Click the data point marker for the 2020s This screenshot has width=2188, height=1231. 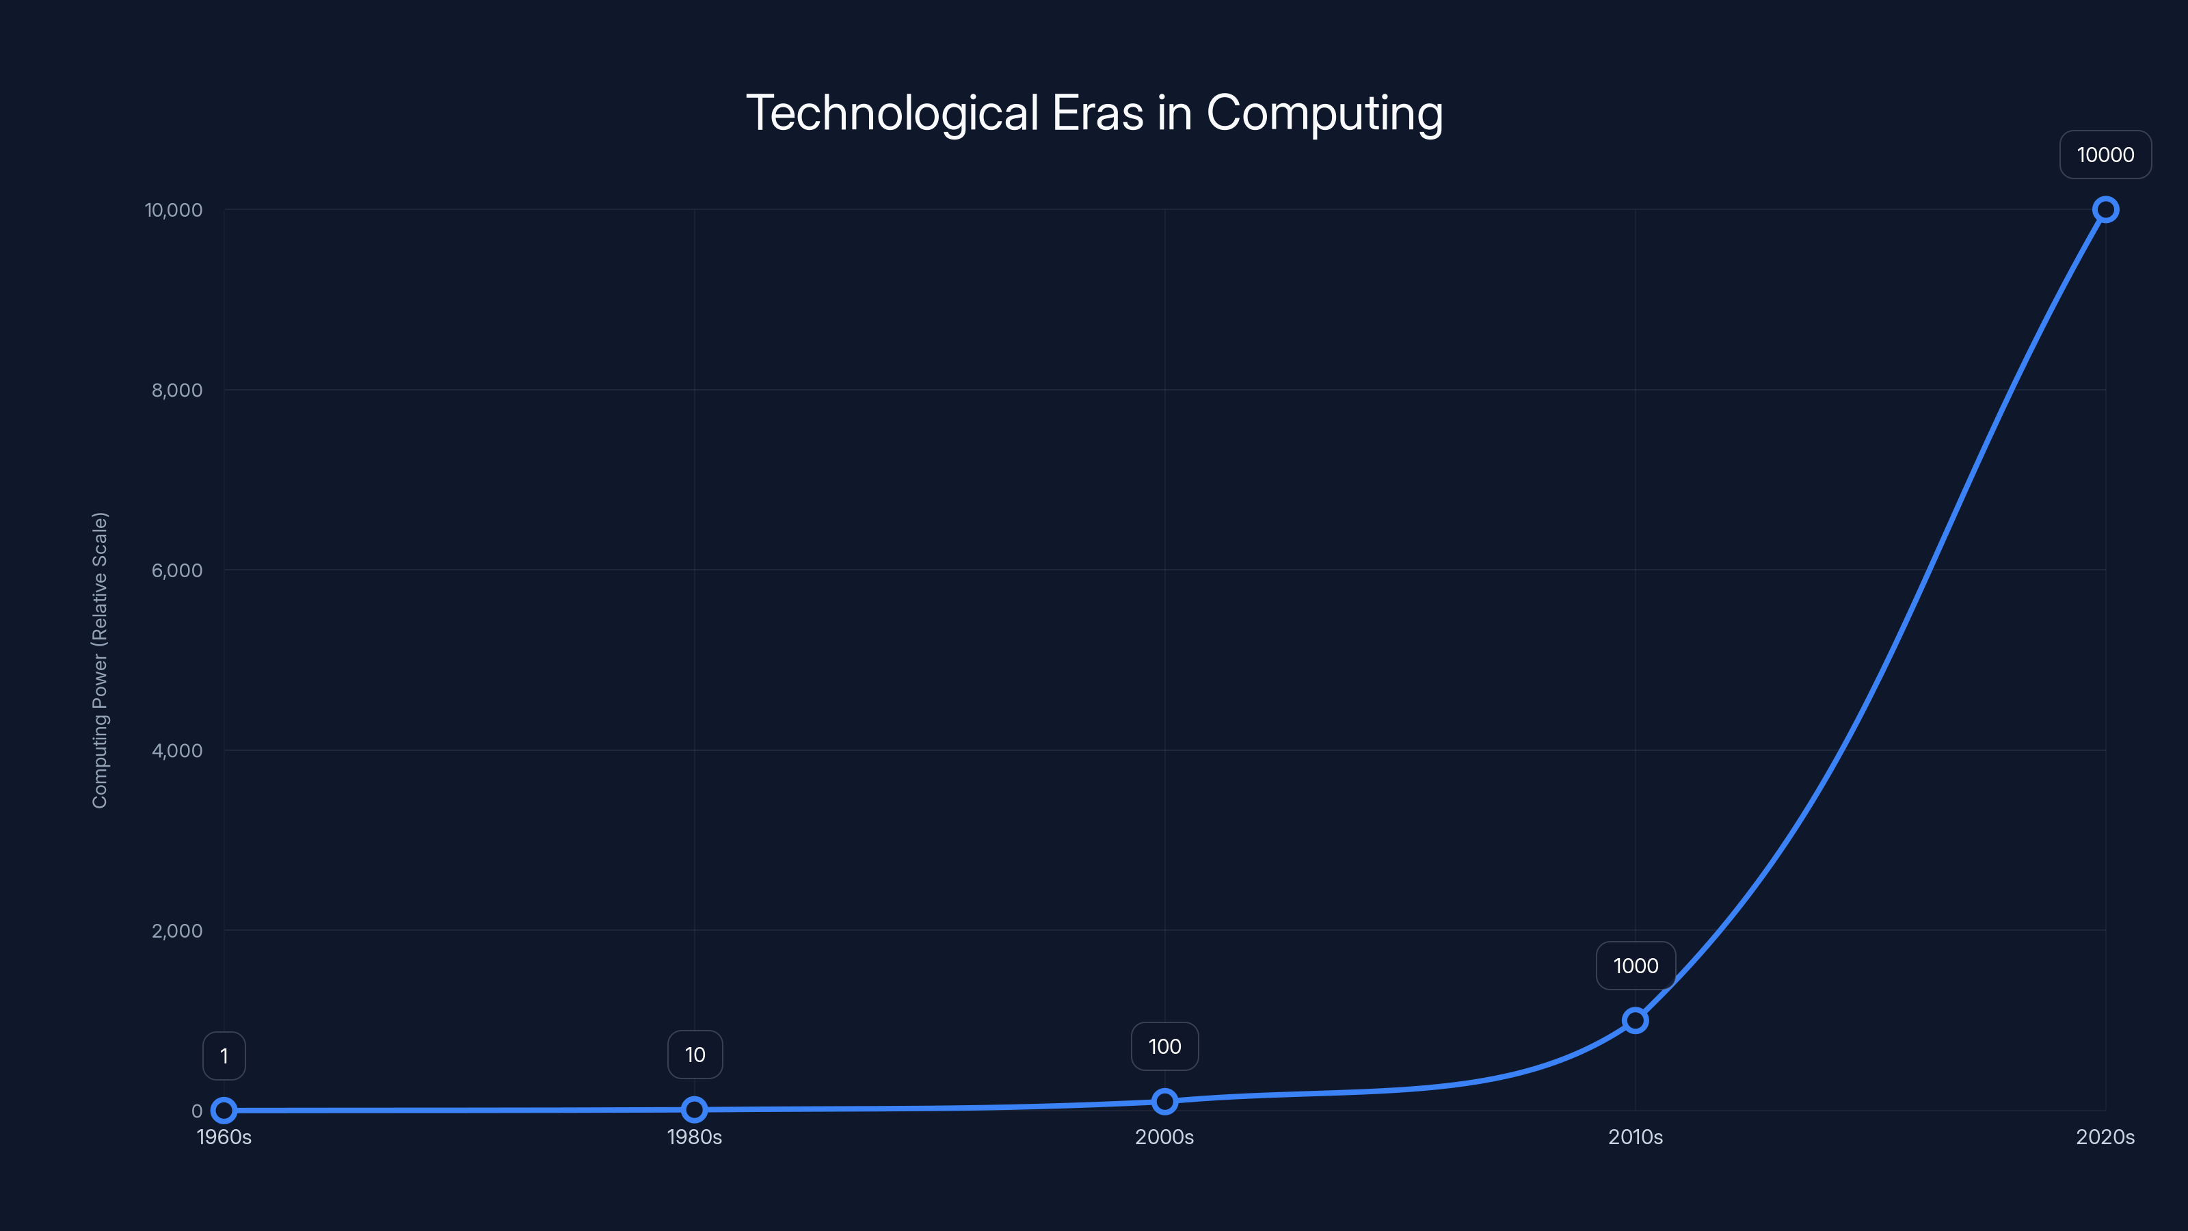[2105, 210]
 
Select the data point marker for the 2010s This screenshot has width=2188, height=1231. [1635, 1020]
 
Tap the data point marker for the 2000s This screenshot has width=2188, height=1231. [1164, 1102]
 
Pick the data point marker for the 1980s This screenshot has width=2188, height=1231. [694, 1109]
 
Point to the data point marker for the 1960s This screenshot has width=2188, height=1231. [224, 1111]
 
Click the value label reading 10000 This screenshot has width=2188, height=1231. [2105, 155]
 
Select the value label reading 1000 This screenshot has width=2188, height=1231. [1635, 966]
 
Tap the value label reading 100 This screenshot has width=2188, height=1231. [1164, 1046]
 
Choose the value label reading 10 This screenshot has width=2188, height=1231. [695, 1055]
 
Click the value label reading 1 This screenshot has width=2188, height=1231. [224, 1056]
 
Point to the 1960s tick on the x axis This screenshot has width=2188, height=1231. [224, 1137]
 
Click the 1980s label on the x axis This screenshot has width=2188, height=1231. [694, 1137]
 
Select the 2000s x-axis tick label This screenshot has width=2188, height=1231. [1164, 1137]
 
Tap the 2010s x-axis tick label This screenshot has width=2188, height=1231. [1635, 1137]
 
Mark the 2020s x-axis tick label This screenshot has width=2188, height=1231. [2105, 1137]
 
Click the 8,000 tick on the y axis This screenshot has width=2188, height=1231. [176, 390]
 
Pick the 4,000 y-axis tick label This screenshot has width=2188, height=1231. [176, 750]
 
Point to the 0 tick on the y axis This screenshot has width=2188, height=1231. [197, 1111]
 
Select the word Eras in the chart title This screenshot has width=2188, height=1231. [1097, 113]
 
